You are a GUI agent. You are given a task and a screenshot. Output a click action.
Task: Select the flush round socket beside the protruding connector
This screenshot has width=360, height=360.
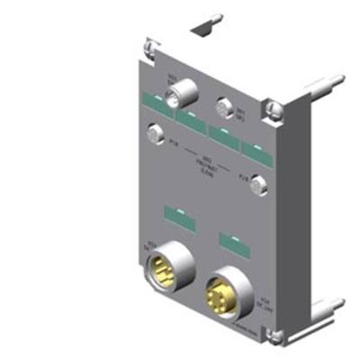click(220, 111)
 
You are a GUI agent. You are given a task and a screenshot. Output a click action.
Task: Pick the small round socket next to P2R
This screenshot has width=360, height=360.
click(256, 183)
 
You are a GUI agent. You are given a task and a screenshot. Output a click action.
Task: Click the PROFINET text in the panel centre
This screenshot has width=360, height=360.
click(205, 159)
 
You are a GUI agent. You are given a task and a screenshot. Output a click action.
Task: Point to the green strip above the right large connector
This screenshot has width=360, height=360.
click(231, 241)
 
